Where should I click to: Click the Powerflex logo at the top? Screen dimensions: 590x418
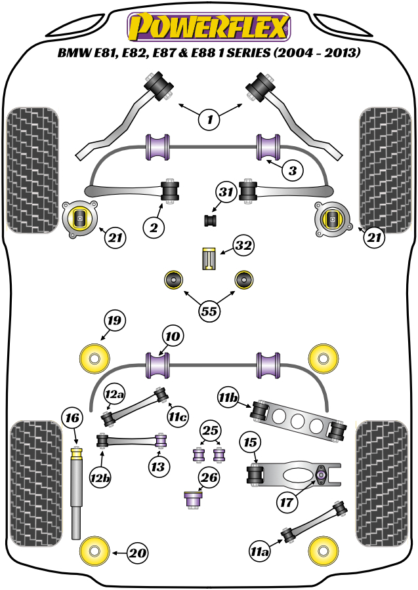209,26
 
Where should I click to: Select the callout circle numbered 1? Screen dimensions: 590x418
210,119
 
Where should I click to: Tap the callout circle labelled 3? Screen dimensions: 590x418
293,171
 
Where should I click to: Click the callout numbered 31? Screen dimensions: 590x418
226,193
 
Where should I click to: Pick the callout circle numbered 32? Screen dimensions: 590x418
243,246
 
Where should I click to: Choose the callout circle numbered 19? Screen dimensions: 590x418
115,321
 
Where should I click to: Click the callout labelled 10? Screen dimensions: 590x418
172,337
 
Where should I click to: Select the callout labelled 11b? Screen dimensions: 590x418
229,397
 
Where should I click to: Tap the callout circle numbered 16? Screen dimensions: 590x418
72,417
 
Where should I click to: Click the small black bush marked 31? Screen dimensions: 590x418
211,220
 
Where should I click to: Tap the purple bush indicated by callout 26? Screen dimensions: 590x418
193,500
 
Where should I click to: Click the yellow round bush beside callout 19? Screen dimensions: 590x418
94,358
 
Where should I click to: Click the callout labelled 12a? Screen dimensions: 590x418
114,394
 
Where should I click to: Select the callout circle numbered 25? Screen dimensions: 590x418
210,431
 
